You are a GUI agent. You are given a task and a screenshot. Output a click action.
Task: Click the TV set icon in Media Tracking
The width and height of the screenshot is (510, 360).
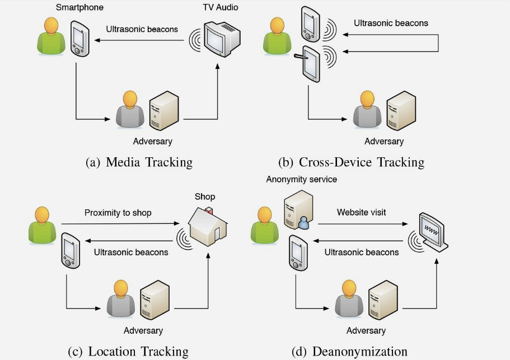222,39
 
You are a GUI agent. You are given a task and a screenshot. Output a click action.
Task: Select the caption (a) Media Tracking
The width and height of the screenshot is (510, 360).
139,162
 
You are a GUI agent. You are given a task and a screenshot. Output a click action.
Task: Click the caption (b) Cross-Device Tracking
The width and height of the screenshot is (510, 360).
351,162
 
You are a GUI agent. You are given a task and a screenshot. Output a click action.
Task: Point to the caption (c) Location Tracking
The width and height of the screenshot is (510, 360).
128,352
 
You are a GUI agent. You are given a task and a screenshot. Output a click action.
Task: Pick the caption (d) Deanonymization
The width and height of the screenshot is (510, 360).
349,352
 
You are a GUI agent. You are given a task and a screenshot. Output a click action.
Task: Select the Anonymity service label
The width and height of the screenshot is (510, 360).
301,179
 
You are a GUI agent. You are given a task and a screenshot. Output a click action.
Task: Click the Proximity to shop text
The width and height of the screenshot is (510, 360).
118,213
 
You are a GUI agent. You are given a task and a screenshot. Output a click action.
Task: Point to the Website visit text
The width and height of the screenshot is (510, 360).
361,212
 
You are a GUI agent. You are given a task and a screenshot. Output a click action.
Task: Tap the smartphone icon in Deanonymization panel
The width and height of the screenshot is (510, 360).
298,253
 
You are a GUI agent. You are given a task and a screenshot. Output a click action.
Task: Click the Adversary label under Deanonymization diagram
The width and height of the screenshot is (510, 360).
366,330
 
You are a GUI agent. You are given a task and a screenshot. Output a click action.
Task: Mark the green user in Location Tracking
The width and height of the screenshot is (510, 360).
43,226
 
